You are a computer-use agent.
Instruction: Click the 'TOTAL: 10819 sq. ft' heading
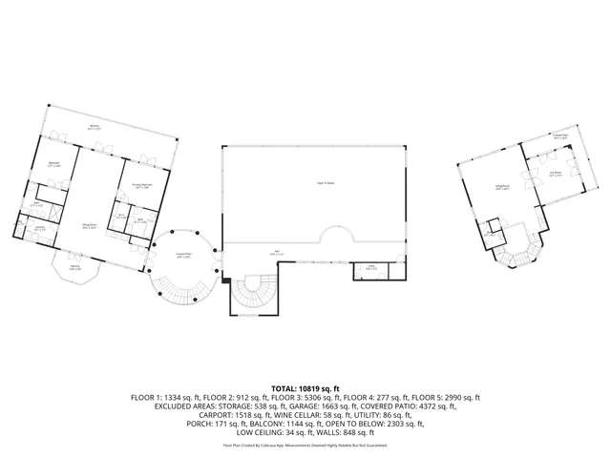305,388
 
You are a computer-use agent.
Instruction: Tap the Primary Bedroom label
140,187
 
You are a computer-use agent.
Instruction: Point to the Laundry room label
40,228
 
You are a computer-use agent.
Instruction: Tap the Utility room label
369,268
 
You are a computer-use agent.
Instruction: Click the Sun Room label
556,175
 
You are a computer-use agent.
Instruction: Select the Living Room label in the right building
500,188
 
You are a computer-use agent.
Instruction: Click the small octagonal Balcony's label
75,267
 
